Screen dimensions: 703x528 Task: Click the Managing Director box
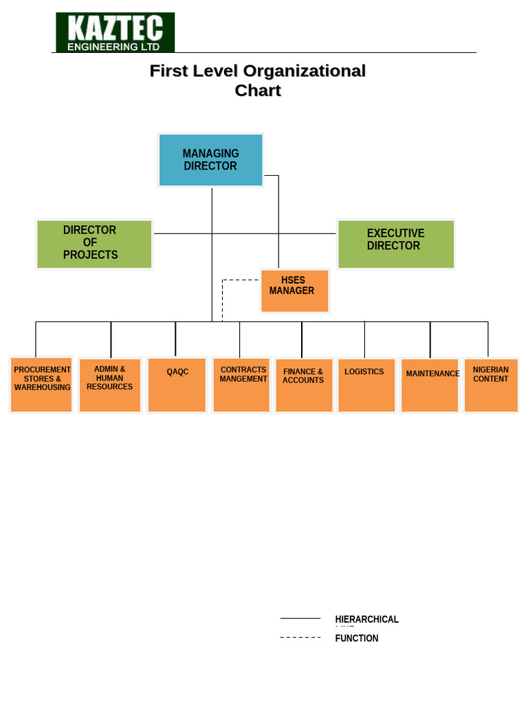coord(210,160)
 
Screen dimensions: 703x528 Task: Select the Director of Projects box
coord(94,244)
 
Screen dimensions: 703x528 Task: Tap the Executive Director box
coord(396,244)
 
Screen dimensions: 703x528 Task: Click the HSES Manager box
coord(295,290)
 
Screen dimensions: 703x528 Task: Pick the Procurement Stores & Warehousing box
coord(41,384)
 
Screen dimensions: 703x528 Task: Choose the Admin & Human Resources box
coord(110,384)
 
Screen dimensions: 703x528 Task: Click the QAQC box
coord(177,384)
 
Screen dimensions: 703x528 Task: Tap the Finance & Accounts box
coord(304,384)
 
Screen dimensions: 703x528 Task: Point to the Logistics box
coord(366,384)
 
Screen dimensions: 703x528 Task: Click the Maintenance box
coord(430,384)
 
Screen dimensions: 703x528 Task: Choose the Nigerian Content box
coord(491,384)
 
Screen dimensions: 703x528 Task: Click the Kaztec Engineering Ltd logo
coord(115,32)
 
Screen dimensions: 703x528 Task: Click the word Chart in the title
coord(258,91)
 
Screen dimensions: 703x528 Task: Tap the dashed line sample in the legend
coord(300,638)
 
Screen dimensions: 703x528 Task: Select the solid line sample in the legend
coord(300,619)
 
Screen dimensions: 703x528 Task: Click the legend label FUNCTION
coord(357,638)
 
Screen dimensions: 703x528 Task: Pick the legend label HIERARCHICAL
coord(366,619)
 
